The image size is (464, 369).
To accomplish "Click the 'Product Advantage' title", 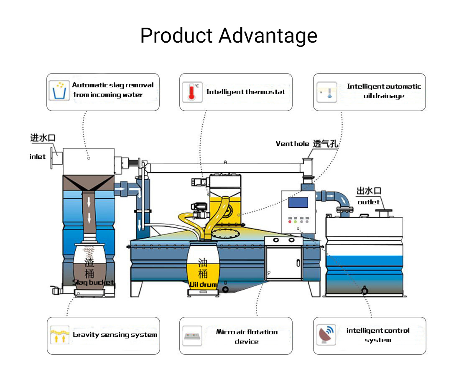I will coord(229,36).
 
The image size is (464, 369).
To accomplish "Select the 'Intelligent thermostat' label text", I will coord(246,92).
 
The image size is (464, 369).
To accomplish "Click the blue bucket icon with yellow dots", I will coord(59,90).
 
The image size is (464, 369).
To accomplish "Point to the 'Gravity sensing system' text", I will coord(115,335).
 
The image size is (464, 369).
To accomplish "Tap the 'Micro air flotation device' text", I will coord(247,337).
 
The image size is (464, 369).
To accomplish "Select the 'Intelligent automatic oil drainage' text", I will coord(384,91).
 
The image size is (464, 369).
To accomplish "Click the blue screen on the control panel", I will coord(298,201).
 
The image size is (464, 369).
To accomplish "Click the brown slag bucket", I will coord(89,267).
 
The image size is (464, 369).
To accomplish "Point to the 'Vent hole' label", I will coord(293,144).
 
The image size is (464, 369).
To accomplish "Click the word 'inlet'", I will coord(38,157).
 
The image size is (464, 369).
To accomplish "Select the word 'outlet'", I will coord(368,202).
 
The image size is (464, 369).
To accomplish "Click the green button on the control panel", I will coord(296,221).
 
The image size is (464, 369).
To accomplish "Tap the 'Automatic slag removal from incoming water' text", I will coord(113,90).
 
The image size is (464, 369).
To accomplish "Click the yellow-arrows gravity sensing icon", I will coord(59,335).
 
